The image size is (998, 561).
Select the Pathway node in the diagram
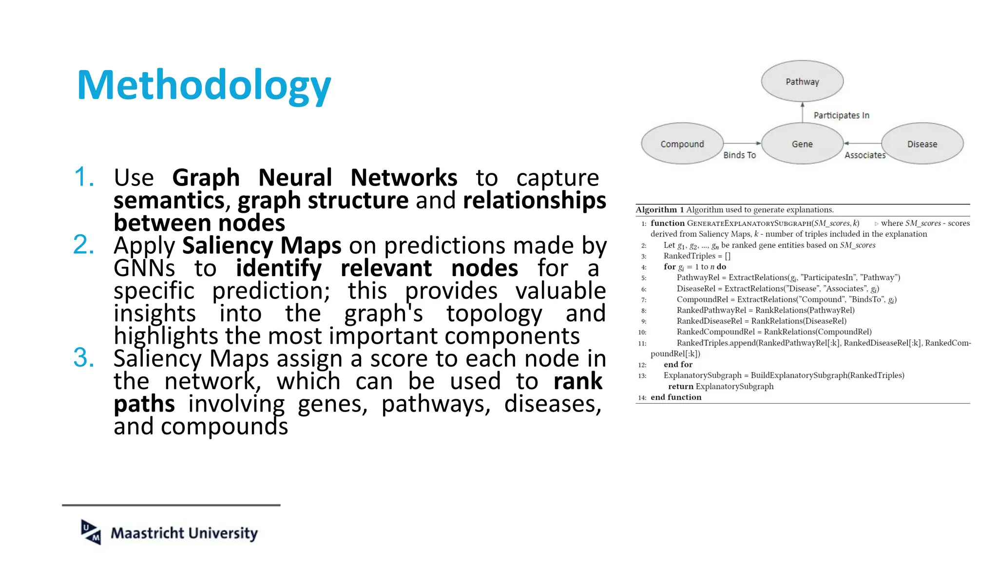pos(802,81)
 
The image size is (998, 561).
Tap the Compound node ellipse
pos(682,144)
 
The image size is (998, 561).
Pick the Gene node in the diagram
pos(802,144)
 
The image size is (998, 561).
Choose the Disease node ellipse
pos(922,144)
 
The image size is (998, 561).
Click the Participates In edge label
pos(841,115)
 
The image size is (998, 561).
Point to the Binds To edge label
pos(739,155)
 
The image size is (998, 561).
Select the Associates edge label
pos(864,155)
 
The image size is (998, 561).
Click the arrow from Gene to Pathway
pos(803,112)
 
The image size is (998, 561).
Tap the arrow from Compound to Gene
pos(742,143)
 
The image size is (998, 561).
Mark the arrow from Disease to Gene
pos(863,143)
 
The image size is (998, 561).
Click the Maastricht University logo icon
pos(91,532)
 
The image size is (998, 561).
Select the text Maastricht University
pos(184,533)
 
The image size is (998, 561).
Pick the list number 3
pos(84,357)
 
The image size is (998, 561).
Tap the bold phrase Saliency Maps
pos(262,245)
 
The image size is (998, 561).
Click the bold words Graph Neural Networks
pos(315,177)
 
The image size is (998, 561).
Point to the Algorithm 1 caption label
pos(660,210)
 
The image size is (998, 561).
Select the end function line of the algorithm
pos(676,397)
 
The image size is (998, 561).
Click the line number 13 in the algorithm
pos(642,376)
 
